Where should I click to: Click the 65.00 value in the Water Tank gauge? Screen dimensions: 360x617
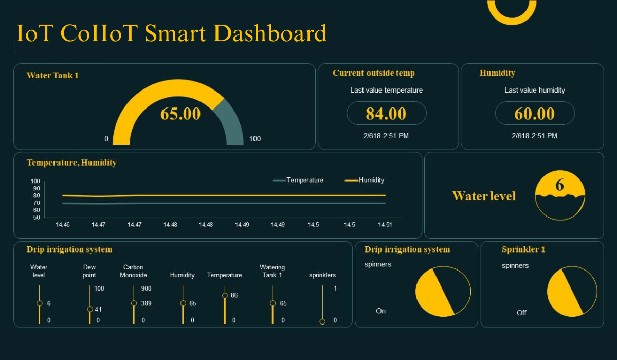[180, 114]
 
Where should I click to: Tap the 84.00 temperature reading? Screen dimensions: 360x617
[386, 114]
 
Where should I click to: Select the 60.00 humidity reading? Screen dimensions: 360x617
[535, 114]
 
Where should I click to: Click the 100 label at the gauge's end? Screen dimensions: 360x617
[255, 139]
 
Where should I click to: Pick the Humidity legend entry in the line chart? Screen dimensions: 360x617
[371, 180]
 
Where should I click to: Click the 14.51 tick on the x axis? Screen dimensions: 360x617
[385, 225]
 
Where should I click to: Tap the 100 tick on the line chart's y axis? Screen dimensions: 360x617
[35, 181]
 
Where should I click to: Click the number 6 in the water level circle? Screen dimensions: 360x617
[560, 185]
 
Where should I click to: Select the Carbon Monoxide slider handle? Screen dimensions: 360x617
[134, 303]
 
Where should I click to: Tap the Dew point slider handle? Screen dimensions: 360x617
[90, 309]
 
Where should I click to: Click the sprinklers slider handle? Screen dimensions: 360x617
[322, 321]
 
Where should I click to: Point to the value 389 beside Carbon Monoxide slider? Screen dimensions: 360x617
[146, 303]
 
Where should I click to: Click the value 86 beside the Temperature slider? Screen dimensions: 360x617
[234, 296]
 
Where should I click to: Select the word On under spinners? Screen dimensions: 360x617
[380, 311]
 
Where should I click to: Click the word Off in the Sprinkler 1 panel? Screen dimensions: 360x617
[521, 313]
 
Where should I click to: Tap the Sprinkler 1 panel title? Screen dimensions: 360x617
[523, 249]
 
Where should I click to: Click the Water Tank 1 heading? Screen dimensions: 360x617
[52, 75]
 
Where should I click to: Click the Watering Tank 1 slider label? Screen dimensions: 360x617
[272, 271]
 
